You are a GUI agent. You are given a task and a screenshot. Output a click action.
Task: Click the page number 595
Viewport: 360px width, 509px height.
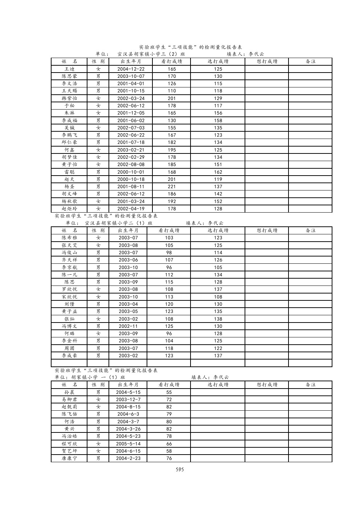(x=180, y=469)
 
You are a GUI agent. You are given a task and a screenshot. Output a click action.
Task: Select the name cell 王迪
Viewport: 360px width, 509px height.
(x=69, y=69)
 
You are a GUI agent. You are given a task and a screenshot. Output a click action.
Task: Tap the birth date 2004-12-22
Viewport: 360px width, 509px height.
(x=131, y=69)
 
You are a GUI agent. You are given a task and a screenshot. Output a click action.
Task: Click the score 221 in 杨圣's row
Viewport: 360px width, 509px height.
(x=172, y=186)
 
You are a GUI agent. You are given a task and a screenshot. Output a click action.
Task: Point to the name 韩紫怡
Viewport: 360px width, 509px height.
(x=69, y=98)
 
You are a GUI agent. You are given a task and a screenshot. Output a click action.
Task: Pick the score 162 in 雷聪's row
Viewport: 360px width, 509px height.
(x=218, y=172)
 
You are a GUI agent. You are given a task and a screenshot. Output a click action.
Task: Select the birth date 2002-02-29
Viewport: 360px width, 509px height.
(x=131, y=157)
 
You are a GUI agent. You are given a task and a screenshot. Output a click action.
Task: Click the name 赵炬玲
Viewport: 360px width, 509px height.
(x=69, y=209)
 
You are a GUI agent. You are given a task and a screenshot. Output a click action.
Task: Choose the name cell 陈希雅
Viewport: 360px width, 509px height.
(x=69, y=238)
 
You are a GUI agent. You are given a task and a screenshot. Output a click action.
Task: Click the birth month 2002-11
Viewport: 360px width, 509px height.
(x=128, y=326)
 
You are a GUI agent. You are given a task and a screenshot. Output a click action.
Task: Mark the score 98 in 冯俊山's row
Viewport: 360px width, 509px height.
(x=169, y=253)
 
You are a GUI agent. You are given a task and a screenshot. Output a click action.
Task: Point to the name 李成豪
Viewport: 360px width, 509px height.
(x=69, y=356)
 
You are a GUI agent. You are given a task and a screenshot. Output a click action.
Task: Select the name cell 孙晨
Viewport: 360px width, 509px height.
(x=69, y=392)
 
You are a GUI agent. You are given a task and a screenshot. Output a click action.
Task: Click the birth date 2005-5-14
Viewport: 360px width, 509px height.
(x=128, y=444)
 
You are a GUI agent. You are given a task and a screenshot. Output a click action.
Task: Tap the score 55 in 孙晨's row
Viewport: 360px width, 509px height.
(x=169, y=392)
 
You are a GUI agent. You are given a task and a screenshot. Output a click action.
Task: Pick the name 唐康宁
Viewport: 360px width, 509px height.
(x=69, y=458)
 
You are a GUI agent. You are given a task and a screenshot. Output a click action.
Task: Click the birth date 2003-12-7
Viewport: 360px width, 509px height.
(x=128, y=399)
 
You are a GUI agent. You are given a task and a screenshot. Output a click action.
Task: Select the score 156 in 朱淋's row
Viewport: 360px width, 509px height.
(x=218, y=113)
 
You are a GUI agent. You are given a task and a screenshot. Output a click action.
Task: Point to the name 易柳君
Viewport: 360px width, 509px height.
(x=69, y=399)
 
